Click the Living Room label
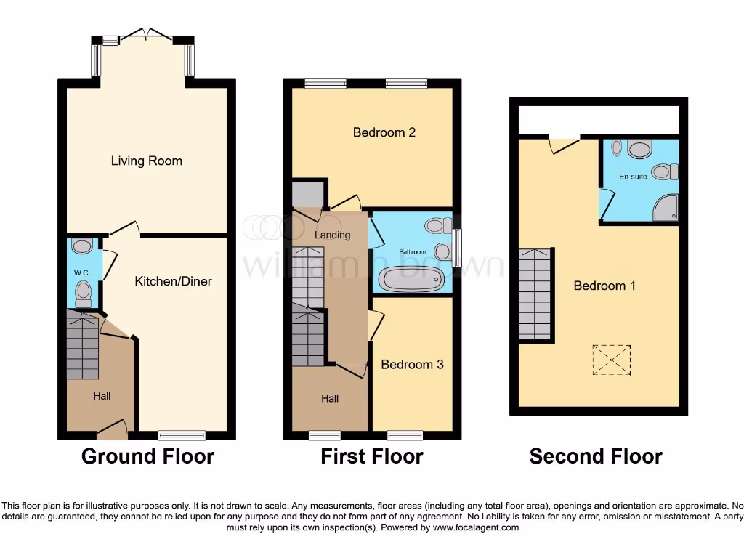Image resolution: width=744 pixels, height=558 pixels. point(147,161)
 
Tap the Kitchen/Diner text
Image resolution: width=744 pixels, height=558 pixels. point(173,280)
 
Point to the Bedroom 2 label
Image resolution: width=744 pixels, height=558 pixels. point(384,132)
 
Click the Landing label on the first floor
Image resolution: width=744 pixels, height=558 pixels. point(333,235)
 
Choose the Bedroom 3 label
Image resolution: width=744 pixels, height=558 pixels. point(412,364)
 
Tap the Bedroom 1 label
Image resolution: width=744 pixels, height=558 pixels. point(604,286)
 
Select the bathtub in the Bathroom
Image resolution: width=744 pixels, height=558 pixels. point(411,279)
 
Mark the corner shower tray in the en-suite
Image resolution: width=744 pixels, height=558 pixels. point(666,209)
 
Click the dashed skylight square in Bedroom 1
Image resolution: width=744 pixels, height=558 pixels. point(611,359)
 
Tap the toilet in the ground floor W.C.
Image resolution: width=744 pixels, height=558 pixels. point(84,294)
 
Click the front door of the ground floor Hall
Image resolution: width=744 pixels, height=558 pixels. point(112,430)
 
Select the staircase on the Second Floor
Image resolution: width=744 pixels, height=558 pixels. point(535,294)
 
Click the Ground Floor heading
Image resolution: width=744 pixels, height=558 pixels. point(147,456)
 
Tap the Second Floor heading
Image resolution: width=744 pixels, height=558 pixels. point(596,456)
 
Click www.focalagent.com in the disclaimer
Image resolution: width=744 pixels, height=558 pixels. point(476,527)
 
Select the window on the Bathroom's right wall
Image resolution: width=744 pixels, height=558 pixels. point(457,248)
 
